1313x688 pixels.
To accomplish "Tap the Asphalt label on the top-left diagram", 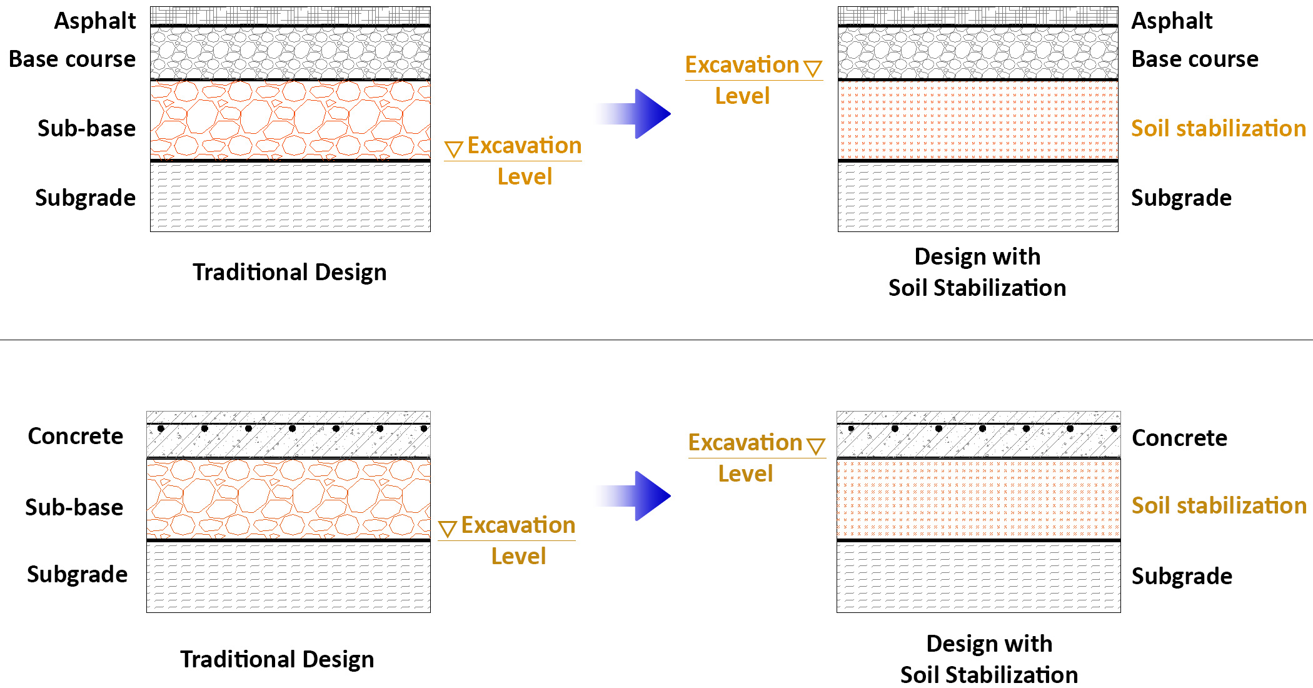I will (94, 21).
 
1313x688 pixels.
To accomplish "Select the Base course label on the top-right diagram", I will (1194, 59).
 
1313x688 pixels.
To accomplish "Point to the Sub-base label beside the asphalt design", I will (86, 128).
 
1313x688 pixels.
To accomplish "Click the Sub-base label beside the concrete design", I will (74, 507).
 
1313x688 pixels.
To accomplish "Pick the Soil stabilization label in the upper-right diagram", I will (1218, 129).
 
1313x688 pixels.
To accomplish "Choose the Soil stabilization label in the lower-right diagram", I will (1218, 505).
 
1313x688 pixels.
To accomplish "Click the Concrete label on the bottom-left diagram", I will (75, 437).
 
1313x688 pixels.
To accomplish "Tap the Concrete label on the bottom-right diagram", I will (1179, 438).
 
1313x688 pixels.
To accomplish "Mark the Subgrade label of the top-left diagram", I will (85, 198).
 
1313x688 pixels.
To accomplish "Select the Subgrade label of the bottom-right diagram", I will (1182, 576).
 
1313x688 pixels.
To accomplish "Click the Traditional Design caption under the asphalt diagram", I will (289, 273).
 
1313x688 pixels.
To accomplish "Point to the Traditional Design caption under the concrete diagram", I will (277, 660).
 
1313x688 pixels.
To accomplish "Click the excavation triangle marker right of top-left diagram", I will (453, 149).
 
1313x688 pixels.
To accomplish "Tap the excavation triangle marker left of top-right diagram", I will (813, 68).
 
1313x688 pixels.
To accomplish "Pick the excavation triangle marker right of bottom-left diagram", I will (447, 529).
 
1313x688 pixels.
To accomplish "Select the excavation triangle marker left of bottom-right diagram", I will (816, 446).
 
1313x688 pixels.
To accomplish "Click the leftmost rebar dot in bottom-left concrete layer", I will (161, 428).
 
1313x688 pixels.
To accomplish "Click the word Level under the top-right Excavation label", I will (742, 96).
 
